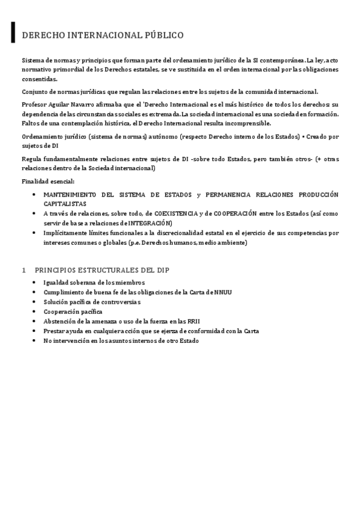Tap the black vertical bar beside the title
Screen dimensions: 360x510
tap(13, 33)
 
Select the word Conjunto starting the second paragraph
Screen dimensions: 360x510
tap(35, 91)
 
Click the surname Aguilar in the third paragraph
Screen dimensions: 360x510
tap(59, 105)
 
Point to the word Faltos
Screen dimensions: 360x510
tap(31, 123)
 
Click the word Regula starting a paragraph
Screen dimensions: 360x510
tap(32, 159)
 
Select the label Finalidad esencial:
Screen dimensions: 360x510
tap(48, 181)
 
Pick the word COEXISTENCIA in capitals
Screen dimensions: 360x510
tap(176, 214)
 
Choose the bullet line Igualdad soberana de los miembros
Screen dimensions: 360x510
tap(94, 282)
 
